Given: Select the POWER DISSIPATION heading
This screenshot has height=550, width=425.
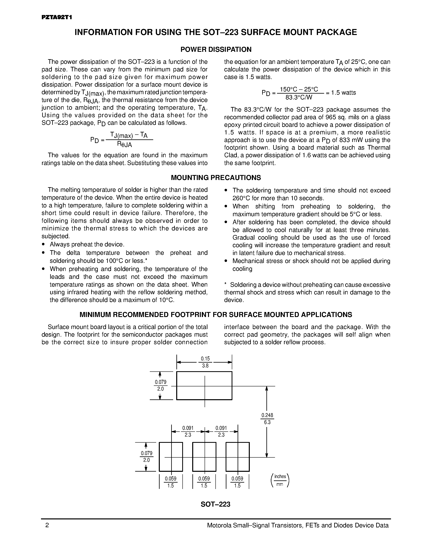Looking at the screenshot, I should [216, 49].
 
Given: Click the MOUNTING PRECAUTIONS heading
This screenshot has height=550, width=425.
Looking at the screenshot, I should [216, 178].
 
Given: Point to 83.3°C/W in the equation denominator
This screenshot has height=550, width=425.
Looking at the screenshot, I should [299, 97].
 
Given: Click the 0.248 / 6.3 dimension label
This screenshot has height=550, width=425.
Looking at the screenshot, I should [267, 419].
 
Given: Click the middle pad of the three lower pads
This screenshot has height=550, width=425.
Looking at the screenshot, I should [204, 457].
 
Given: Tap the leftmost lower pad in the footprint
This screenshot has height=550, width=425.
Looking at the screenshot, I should [171, 457].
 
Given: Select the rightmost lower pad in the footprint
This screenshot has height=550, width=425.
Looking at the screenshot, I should [237, 457].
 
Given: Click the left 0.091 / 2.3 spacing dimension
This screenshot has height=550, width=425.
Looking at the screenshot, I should [188, 431].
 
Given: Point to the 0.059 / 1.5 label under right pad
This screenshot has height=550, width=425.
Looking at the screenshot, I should [237, 482].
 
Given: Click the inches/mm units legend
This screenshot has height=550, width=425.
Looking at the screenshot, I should [280, 480].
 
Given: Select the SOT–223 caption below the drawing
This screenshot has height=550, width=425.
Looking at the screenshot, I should [216, 504].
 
